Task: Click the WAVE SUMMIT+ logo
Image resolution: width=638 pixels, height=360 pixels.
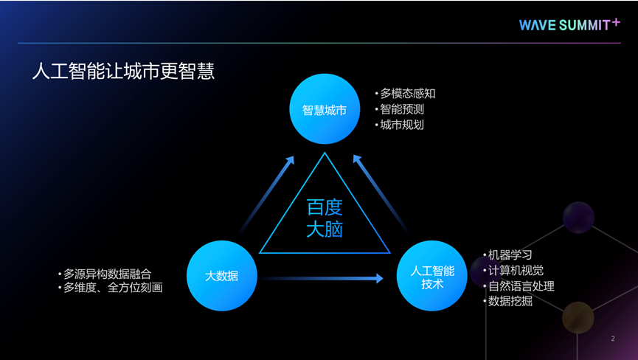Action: coord(569,24)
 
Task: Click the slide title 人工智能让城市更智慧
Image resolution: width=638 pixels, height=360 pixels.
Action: coord(123,72)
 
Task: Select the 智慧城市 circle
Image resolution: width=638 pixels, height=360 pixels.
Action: coord(325,110)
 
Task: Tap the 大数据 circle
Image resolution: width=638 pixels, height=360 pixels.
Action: coord(221,276)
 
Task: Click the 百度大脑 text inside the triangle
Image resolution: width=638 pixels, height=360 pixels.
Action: coord(325,218)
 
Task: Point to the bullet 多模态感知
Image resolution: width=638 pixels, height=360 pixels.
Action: coord(407,94)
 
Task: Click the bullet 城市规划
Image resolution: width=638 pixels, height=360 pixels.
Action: coord(402,125)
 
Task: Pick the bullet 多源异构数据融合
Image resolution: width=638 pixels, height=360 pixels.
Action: coord(107,274)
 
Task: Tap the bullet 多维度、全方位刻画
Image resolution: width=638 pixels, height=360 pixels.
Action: coord(112,288)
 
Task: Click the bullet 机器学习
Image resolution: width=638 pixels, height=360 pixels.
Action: coord(510,255)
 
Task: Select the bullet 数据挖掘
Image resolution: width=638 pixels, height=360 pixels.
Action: coord(510,301)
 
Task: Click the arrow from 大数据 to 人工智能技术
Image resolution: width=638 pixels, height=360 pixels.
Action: coord(322,278)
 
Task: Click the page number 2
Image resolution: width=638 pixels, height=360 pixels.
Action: coord(613,339)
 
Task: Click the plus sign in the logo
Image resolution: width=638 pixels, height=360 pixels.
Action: coord(616,21)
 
